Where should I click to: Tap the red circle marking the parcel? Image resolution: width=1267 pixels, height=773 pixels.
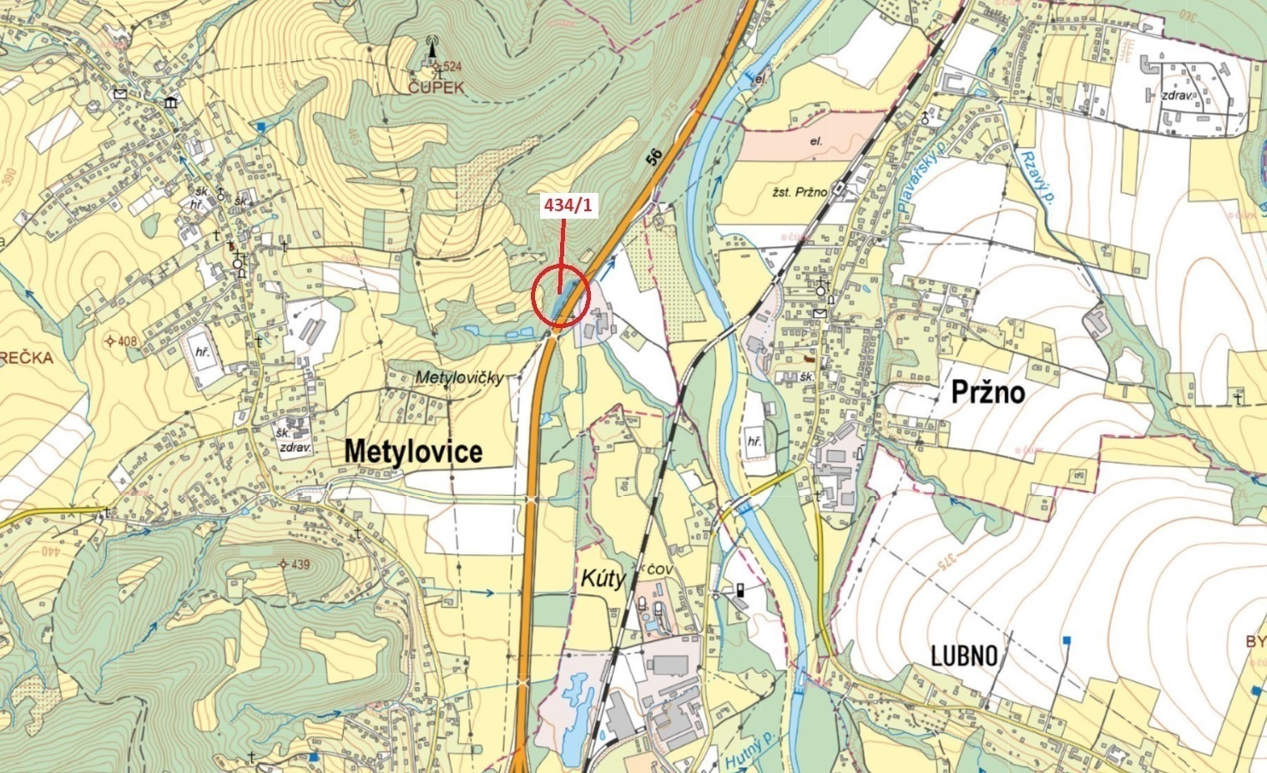[561, 296]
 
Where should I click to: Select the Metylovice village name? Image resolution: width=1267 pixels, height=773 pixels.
[413, 452]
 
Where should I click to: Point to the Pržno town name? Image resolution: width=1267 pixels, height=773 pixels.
[987, 392]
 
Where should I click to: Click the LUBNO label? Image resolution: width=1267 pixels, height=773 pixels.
[964, 656]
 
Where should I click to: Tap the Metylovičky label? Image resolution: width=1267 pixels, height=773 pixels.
[459, 378]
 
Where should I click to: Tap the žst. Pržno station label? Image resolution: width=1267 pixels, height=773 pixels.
[800, 192]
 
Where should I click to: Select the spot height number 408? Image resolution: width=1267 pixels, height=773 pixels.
[127, 341]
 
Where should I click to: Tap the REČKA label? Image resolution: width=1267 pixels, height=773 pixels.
[27, 359]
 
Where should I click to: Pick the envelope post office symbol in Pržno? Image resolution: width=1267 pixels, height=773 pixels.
[820, 313]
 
